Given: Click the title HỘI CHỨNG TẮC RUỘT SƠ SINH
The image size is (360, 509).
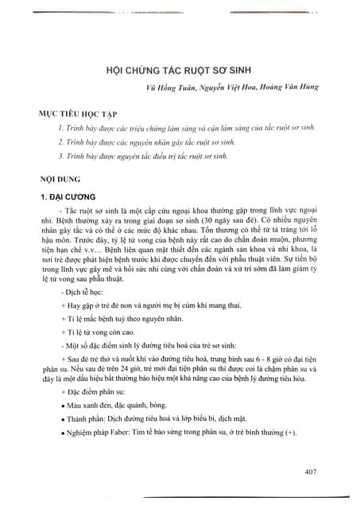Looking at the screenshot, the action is coord(179,70).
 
